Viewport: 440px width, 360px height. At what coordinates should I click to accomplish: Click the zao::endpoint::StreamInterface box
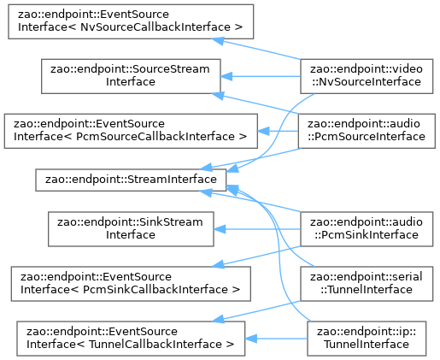(x=131, y=180)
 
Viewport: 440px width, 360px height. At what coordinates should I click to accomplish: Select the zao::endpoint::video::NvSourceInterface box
(x=367, y=76)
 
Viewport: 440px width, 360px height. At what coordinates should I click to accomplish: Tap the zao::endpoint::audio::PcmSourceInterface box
(x=367, y=131)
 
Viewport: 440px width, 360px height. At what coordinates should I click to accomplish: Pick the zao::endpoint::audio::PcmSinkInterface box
(x=367, y=229)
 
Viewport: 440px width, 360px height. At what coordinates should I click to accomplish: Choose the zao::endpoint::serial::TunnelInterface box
(x=367, y=284)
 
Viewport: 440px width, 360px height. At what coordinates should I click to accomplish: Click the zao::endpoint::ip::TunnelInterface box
(x=367, y=339)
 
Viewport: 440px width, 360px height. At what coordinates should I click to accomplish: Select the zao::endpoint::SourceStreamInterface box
(x=131, y=76)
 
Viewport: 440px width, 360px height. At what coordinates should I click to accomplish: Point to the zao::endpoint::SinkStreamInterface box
(x=131, y=229)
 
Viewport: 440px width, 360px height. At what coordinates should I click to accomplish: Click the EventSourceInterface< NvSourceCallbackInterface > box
(x=131, y=21)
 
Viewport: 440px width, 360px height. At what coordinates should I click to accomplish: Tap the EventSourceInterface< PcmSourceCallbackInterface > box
(x=131, y=131)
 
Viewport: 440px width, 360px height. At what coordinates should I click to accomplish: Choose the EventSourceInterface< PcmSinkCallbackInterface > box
(x=131, y=284)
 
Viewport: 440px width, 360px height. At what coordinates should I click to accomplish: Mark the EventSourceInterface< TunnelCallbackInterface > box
(x=131, y=339)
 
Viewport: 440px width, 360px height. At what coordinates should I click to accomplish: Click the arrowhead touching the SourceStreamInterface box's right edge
(x=226, y=76)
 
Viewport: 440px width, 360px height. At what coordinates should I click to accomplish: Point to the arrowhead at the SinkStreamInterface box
(x=220, y=229)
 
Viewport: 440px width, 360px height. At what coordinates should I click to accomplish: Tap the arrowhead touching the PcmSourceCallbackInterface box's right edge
(x=263, y=131)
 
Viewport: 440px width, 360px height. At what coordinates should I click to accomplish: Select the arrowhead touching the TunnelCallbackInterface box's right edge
(x=250, y=339)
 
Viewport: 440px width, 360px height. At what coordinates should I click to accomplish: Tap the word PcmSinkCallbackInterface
(x=156, y=289)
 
